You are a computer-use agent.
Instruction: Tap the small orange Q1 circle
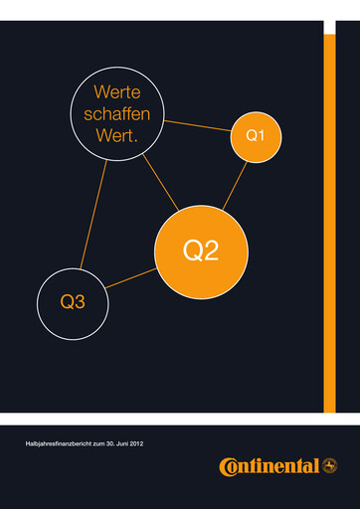click(x=256, y=135)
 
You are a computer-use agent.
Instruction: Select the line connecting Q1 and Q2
click(x=235, y=184)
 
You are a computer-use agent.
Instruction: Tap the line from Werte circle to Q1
click(x=196, y=125)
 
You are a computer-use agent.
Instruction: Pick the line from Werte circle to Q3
click(x=93, y=214)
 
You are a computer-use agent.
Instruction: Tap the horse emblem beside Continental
click(x=329, y=465)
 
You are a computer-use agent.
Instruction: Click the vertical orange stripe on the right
click(x=329, y=219)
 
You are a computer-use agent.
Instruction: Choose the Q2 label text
click(x=202, y=253)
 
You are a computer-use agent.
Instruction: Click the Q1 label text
click(x=256, y=135)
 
